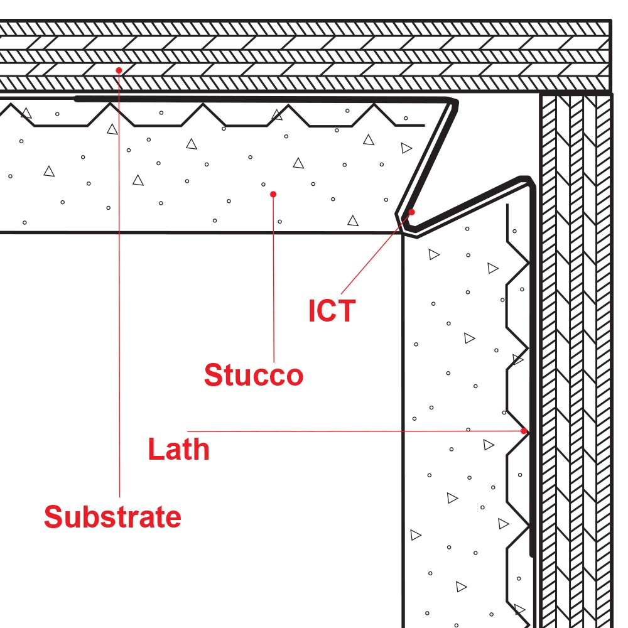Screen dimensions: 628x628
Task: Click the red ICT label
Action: coord(332,311)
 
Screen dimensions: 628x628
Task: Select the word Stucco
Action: coord(254,376)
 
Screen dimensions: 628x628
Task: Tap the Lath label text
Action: coord(178,450)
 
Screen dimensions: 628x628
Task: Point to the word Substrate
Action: coord(112,517)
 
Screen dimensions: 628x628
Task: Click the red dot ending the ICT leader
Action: coord(412,212)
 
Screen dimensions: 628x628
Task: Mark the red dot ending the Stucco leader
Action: coord(273,195)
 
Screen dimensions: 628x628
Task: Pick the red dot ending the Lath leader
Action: coord(524,431)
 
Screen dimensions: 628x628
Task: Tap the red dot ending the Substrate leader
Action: coord(119,70)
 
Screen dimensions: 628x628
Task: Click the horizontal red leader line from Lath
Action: coord(352,431)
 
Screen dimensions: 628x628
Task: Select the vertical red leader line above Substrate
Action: coord(119,283)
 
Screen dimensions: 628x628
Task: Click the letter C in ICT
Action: coord(331,311)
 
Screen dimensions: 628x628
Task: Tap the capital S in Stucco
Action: coord(214,376)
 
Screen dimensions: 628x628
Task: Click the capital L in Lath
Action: coord(155,450)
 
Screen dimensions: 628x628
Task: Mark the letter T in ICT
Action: coord(347,311)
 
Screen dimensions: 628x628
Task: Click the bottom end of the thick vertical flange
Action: coord(532,555)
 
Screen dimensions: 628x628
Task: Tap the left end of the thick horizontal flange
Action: coord(77,99)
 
